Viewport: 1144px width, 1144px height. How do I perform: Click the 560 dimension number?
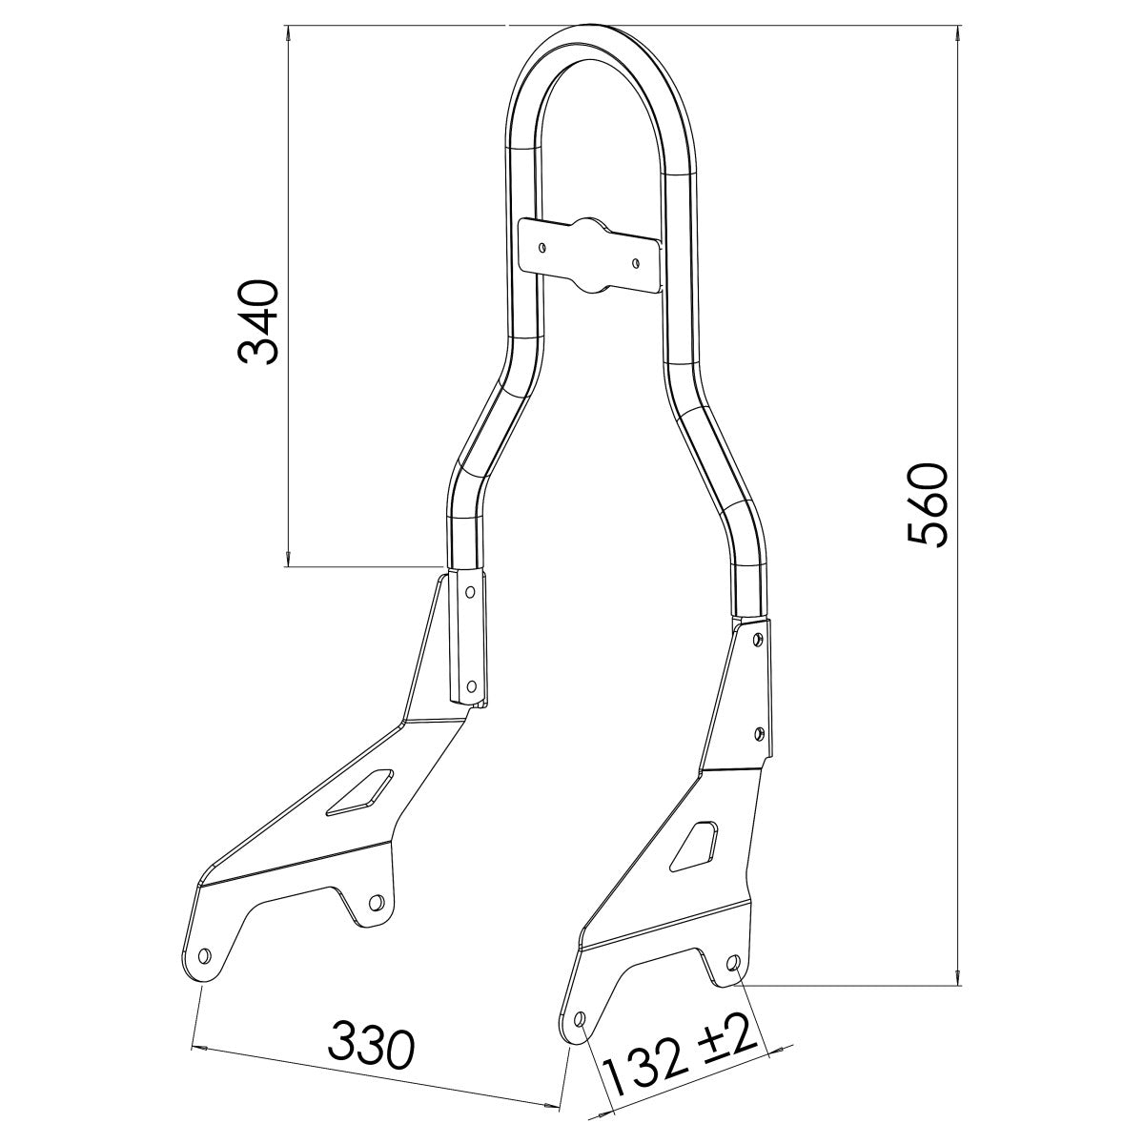click(926, 504)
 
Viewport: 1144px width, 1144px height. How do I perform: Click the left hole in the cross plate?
click(542, 247)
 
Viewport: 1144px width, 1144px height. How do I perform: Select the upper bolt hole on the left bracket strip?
click(469, 591)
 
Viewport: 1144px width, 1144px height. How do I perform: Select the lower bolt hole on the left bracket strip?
click(471, 684)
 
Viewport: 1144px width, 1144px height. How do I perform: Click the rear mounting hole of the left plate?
click(377, 901)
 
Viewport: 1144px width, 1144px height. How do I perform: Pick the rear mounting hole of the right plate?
click(732, 965)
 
